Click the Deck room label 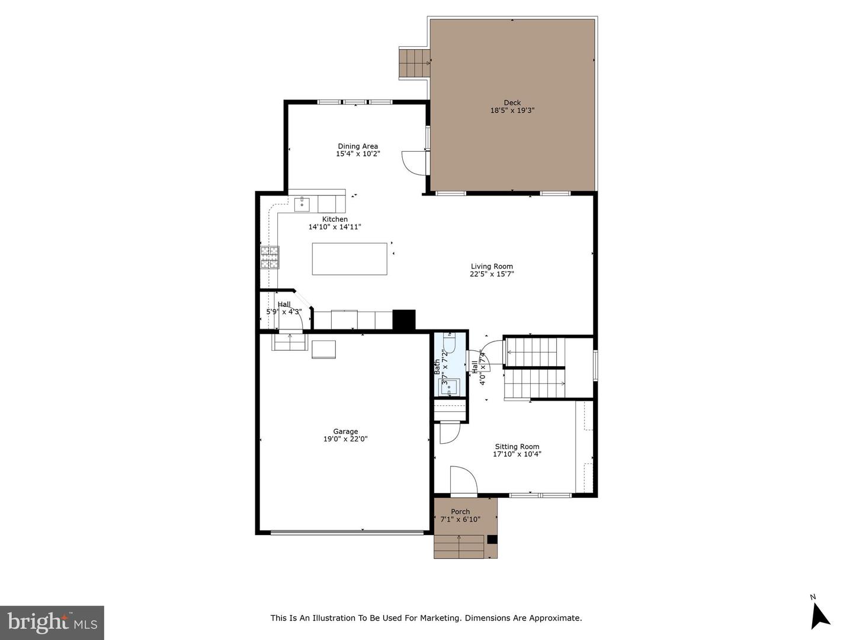512,103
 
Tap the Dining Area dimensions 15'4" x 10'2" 358,153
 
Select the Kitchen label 335,219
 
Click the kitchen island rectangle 349,259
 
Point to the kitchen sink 302,204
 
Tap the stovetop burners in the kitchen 270,257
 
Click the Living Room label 492,266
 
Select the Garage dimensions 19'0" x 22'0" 345,439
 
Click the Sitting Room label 517,446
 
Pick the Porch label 460,511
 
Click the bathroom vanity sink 450,387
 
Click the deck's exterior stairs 414,63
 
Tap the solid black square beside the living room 404,320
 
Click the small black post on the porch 492,539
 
